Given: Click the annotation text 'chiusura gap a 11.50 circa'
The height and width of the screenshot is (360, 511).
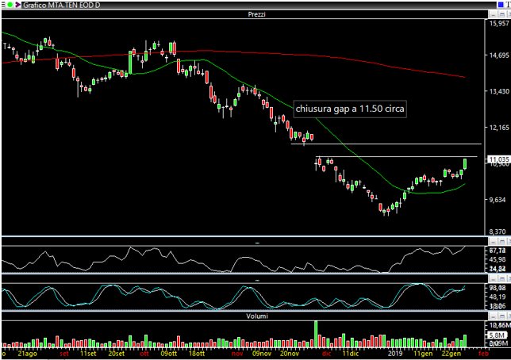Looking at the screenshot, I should point(349,109).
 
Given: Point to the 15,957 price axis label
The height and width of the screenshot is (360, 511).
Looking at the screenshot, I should point(498,23).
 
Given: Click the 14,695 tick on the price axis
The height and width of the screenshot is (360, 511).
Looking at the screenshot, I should point(498,56).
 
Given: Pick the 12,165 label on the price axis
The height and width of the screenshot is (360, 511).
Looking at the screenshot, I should point(498,127).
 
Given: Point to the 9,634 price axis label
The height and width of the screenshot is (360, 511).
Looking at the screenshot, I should point(498,199).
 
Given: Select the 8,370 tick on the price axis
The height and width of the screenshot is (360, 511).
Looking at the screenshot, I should point(498,232).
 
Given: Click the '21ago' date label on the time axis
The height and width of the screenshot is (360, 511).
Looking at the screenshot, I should point(25,354).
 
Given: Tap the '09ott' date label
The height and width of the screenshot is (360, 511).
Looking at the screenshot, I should point(168,354).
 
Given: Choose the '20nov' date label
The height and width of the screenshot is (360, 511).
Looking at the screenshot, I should point(290,354).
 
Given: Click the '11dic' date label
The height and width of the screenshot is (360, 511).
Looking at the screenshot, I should point(351,354).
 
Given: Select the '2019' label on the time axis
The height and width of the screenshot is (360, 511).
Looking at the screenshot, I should point(396,354).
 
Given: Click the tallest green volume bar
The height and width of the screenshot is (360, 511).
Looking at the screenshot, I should point(316,333).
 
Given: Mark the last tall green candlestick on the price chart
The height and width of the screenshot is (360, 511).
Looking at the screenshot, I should point(466,164).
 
